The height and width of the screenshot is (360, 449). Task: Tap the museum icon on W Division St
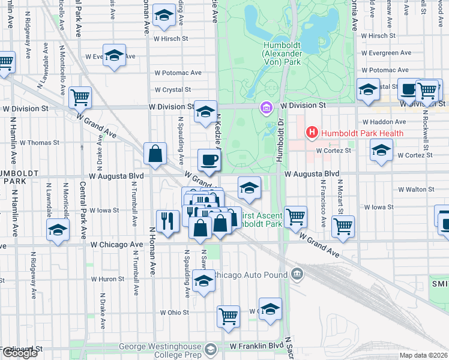click(x=265, y=108)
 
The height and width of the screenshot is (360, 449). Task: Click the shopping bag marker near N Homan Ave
click(x=155, y=154)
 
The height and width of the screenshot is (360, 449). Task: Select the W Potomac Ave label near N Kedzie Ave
click(x=178, y=73)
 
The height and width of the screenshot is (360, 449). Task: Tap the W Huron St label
click(x=107, y=279)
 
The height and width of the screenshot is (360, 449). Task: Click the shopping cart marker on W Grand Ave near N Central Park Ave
click(x=80, y=96)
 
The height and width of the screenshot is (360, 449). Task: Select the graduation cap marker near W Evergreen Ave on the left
click(x=113, y=56)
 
